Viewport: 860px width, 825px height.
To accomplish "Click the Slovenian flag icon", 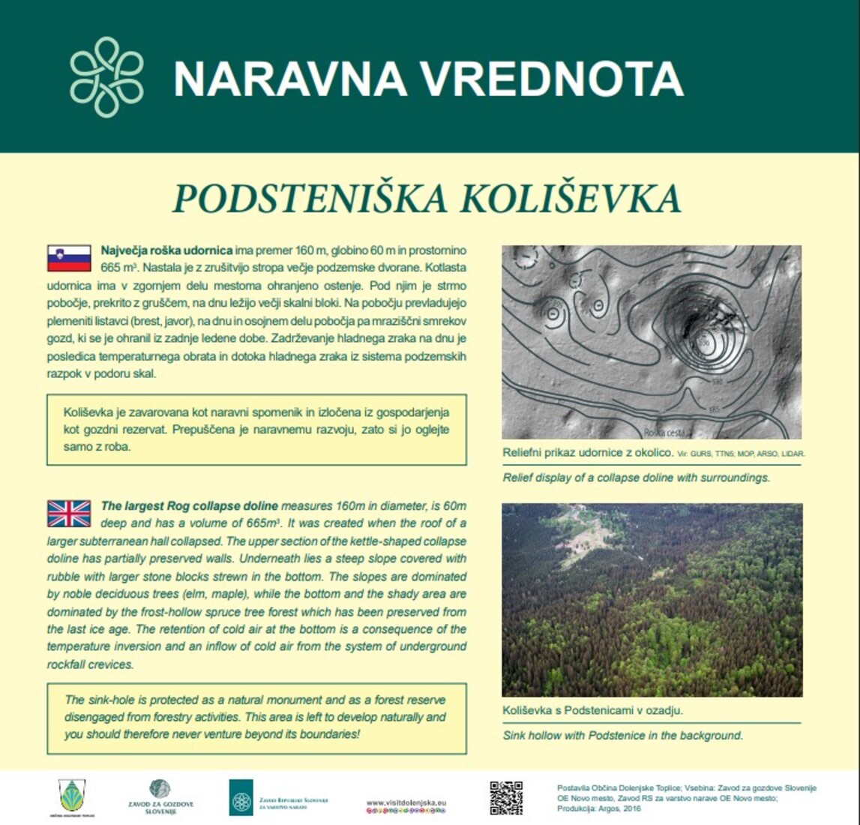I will [x=69, y=257].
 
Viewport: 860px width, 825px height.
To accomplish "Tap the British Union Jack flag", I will [x=69, y=514].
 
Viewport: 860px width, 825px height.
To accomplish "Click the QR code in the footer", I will [x=506, y=797].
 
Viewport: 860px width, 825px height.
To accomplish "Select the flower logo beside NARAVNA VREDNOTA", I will [x=106, y=76].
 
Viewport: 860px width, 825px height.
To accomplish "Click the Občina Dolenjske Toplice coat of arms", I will [x=72, y=794].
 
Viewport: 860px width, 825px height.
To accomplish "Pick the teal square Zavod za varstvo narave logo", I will [x=241, y=797].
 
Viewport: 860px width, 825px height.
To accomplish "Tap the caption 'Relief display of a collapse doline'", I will [x=636, y=478].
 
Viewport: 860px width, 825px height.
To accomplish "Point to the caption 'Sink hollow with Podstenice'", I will [x=622, y=736].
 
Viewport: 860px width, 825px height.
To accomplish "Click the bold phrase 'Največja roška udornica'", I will [x=166, y=250].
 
